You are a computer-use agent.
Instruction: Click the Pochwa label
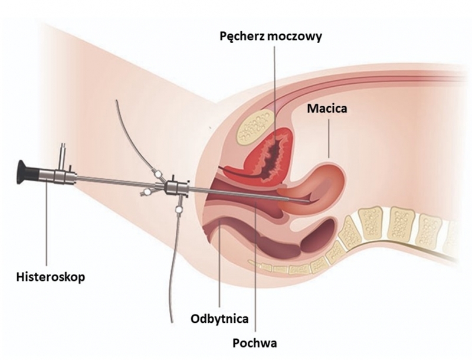click(x=255, y=342)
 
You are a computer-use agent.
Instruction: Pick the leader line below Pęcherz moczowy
click(x=273, y=89)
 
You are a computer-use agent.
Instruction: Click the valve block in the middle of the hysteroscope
click(x=173, y=188)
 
